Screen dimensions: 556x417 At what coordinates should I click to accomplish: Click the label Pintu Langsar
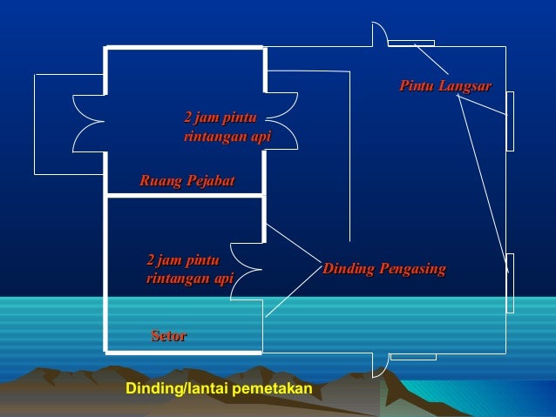(x=444, y=86)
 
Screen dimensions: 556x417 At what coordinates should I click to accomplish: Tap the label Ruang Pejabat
(x=186, y=181)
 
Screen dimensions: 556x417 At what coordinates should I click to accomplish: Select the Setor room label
(x=168, y=335)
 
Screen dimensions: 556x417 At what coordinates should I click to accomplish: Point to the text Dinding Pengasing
(x=383, y=268)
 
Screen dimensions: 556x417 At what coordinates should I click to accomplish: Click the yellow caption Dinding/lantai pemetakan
(x=219, y=388)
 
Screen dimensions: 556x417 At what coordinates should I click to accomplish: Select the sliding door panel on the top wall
(x=411, y=43)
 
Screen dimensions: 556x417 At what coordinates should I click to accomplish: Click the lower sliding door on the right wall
(x=510, y=283)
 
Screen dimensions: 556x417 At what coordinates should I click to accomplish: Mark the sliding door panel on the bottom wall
(x=412, y=356)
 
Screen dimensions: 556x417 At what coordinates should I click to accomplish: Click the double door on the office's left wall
(x=89, y=124)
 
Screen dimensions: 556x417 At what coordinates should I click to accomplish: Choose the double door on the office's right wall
(x=282, y=121)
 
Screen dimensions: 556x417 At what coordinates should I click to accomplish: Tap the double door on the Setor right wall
(x=247, y=270)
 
